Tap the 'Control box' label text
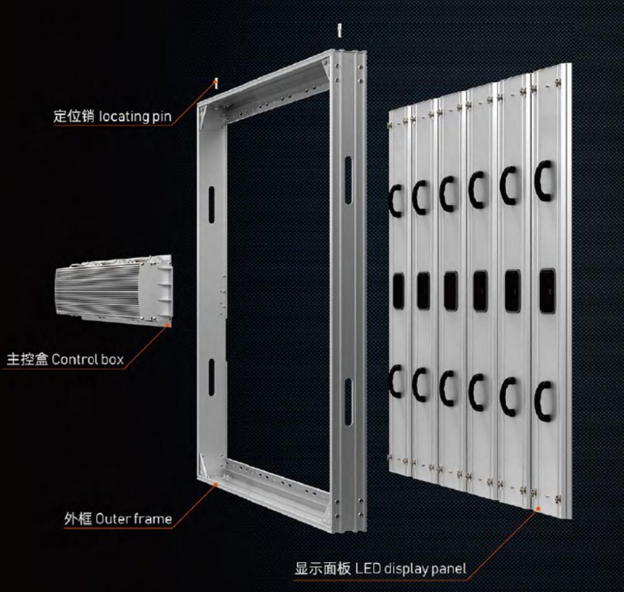(87, 359)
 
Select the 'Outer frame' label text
(134, 519)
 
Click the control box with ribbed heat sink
(114, 289)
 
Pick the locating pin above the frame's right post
(339, 31)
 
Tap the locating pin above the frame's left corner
(216, 84)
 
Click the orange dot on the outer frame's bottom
(215, 484)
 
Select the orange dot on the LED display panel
(538, 508)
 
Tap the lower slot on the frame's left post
(211, 377)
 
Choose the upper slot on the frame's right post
(348, 180)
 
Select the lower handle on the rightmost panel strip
(542, 402)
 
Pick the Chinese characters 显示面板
(323, 568)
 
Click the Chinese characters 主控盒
(27, 359)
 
